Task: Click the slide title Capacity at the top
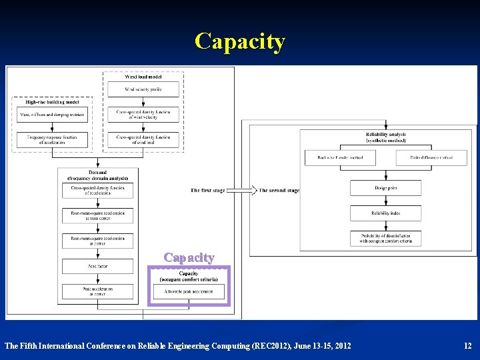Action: tap(240, 41)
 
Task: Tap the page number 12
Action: tap(467, 345)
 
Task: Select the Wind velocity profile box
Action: tap(143, 89)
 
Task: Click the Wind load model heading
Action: tap(143, 77)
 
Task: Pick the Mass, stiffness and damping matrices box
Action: tap(53, 115)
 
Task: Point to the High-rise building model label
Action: tap(52, 102)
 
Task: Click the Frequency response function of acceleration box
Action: tap(53, 140)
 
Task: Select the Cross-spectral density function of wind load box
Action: tap(143, 140)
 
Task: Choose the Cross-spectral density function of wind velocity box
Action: tap(143, 115)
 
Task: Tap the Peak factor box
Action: tap(98, 266)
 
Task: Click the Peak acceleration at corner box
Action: tap(98, 291)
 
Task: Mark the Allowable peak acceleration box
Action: tap(189, 292)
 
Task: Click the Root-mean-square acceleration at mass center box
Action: tap(98, 215)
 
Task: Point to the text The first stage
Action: tap(208, 191)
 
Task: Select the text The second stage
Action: tap(279, 191)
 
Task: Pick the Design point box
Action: tap(385, 188)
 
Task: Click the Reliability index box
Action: tap(385, 213)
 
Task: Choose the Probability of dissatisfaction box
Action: tap(385, 239)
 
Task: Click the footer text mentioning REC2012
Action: tap(177, 345)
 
